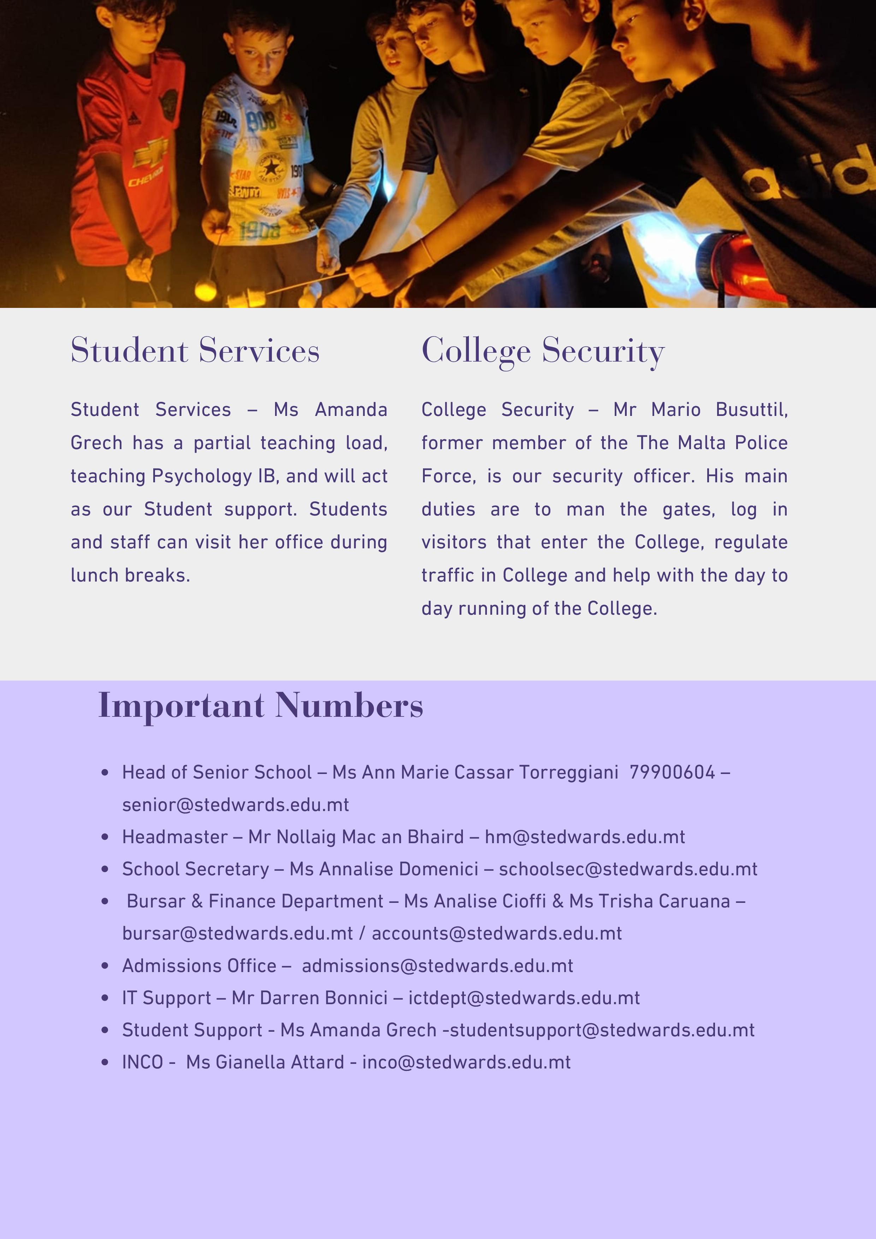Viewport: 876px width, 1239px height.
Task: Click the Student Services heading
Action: coord(195,351)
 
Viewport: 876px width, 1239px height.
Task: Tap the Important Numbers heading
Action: coord(261,706)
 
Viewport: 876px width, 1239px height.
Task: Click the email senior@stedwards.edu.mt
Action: coord(235,805)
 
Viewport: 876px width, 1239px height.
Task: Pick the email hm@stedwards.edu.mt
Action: coord(585,837)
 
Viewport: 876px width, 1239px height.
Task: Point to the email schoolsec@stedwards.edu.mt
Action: coord(628,869)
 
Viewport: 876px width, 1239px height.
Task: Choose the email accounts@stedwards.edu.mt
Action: coord(496,934)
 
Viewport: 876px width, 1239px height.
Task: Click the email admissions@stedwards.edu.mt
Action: coord(437,966)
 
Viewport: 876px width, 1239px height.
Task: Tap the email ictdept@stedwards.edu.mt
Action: coord(524,998)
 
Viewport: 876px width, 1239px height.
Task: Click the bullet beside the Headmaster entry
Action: coord(105,838)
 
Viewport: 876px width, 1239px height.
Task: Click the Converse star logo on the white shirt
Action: coord(270,168)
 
